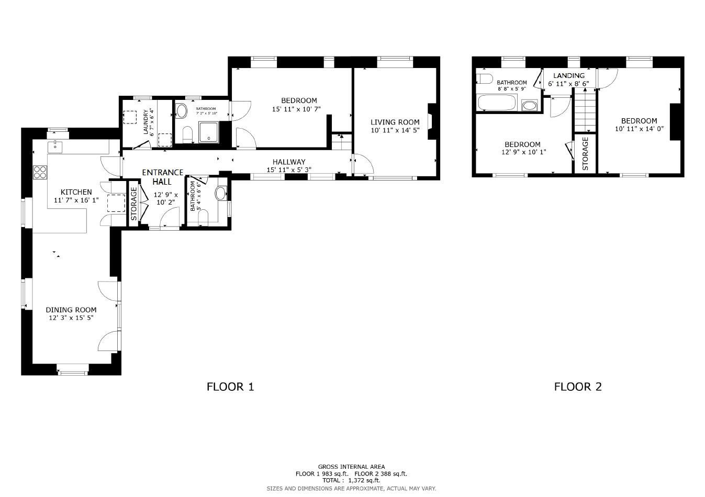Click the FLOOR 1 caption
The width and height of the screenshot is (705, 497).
point(230,387)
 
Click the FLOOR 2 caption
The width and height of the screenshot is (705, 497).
point(578,387)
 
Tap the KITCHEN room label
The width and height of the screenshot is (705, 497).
point(76,192)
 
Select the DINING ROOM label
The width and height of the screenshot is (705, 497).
point(71,310)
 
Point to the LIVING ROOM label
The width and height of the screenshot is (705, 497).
point(395,122)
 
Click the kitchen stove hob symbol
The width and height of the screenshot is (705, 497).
point(40,172)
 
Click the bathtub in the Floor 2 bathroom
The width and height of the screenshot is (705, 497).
point(497,103)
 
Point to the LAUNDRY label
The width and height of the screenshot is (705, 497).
point(147,122)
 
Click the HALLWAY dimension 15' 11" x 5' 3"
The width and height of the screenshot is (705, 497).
point(289,170)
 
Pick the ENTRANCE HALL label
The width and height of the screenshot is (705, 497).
point(163,177)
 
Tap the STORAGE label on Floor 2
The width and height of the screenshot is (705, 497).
point(585,153)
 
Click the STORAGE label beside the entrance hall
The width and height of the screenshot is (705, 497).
point(133,204)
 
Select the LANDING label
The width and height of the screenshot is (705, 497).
point(569,76)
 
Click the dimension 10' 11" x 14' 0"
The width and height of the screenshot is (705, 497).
point(639,129)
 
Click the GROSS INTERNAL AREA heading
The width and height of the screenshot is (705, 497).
point(351,467)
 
